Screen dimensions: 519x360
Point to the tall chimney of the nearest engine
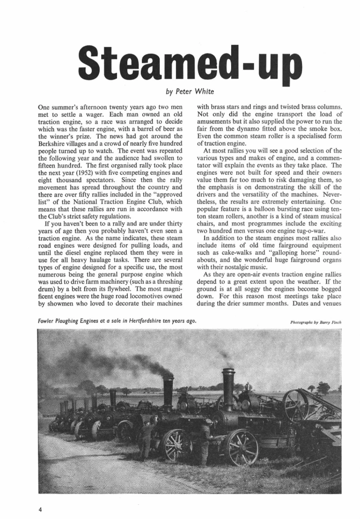pos(228,389)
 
